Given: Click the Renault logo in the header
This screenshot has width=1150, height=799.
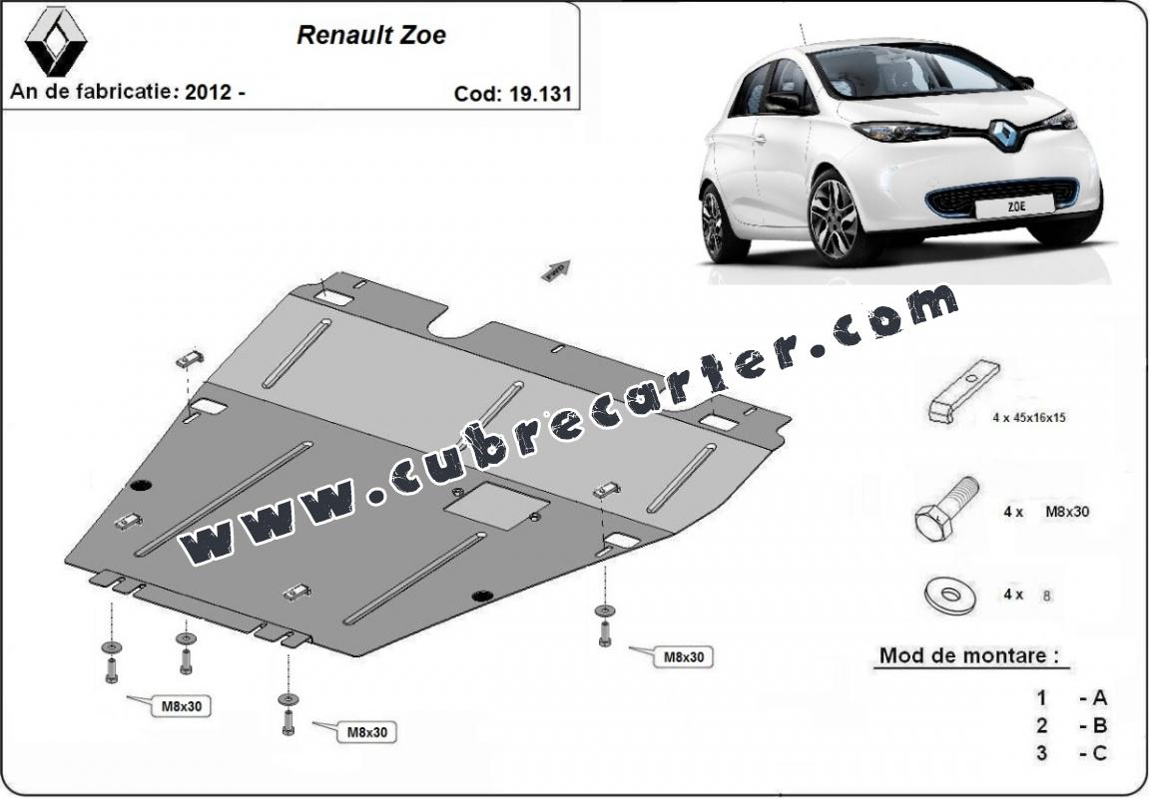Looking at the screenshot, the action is pos(56,41).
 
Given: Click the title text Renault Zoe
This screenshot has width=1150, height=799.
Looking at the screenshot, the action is pos(371,35).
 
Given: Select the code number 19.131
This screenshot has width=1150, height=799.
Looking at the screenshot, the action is pos(541,94).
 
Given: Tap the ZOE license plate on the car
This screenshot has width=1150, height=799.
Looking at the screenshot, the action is pos(1016,205).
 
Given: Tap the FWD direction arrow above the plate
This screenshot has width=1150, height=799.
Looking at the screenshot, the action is pos(556,269).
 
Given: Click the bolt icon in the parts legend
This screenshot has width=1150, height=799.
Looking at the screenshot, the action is pos(946,509).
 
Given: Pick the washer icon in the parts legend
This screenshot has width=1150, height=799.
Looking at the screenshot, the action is pos(950,595).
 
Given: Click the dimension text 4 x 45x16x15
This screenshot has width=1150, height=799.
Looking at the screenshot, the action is pos(1029,418).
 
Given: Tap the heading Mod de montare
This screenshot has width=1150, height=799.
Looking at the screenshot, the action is pos(969,655).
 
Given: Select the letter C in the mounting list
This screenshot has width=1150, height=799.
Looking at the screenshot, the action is pos(1099,753).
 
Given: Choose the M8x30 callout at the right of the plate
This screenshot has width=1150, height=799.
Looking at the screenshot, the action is pos(684,656).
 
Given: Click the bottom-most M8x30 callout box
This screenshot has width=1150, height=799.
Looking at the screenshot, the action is pos(366,731).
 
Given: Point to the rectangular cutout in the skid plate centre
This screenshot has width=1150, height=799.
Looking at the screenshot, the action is pos(498,505).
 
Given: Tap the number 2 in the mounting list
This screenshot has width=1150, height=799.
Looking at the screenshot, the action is pos(1042,726).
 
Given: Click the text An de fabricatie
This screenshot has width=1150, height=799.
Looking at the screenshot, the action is pos(94,92).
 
